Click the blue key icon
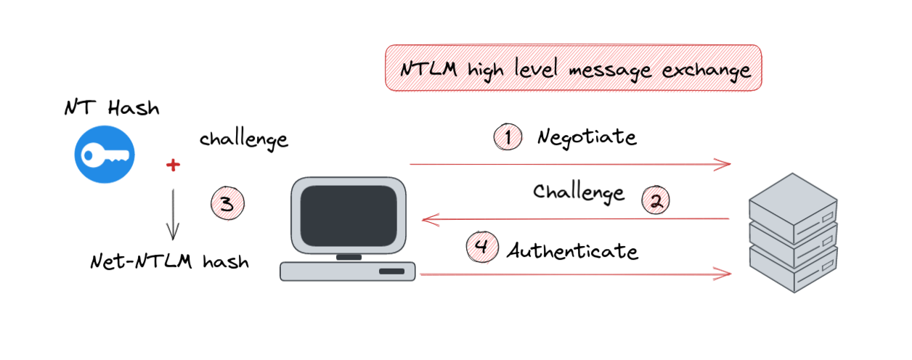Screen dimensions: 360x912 click(x=105, y=153)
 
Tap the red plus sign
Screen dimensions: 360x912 click(x=172, y=165)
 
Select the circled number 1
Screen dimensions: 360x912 click(x=508, y=136)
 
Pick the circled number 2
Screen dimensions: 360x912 click(x=656, y=201)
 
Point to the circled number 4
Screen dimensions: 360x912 click(x=481, y=247)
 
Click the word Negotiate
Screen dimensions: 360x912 click(x=587, y=137)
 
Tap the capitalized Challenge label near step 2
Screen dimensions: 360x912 click(x=578, y=192)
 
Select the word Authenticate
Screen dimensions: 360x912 click(x=572, y=251)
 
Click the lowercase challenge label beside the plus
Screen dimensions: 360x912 click(x=243, y=139)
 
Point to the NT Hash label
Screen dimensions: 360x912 click(x=111, y=109)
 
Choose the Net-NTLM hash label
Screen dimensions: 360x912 click(x=169, y=261)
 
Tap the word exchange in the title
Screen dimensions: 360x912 click(x=701, y=70)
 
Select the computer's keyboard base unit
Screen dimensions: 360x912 click(x=348, y=271)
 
